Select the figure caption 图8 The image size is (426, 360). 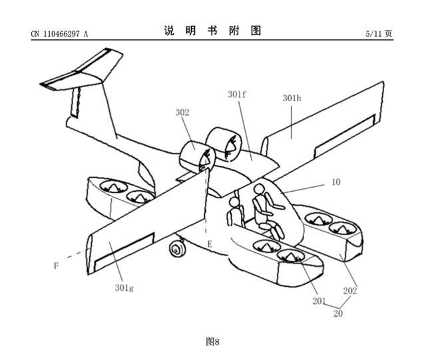point(212,342)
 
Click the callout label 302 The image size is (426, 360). point(183,112)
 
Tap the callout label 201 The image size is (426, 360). point(319,301)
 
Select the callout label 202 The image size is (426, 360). point(350,290)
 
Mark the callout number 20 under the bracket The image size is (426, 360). point(337,313)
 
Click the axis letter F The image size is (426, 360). point(57,266)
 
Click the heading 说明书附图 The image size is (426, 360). point(212,31)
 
